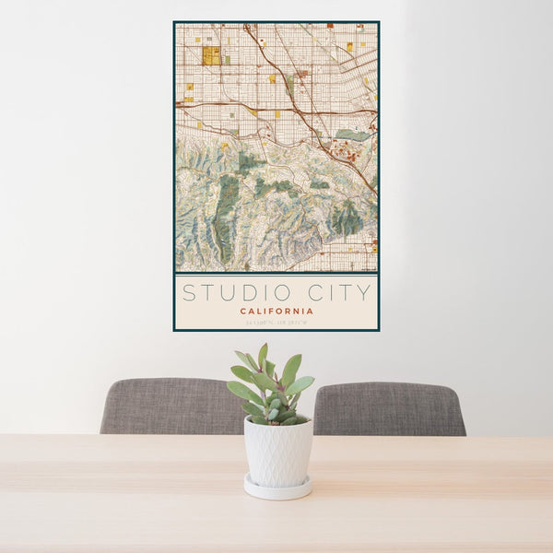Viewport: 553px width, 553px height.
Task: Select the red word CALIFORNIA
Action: [x=276, y=312]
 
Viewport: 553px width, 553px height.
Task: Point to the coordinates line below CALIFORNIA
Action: [x=276, y=322]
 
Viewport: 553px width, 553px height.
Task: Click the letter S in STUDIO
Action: [x=188, y=293]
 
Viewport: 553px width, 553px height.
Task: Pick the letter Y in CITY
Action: [x=364, y=293]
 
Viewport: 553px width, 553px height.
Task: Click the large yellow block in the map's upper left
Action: [x=211, y=55]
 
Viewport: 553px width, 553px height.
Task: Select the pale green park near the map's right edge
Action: [x=352, y=135]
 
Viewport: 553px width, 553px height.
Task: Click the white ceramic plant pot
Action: [x=277, y=452]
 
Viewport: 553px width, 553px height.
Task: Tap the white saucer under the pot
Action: [x=277, y=488]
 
